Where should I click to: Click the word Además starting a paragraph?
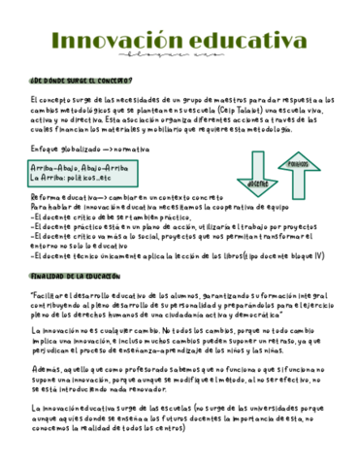(45, 369)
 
